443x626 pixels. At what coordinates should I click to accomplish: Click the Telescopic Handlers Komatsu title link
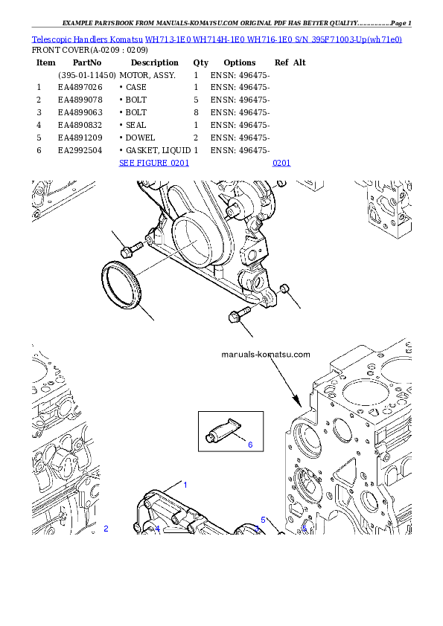click(x=217, y=38)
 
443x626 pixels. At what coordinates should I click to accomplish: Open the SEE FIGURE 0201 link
click(x=154, y=163)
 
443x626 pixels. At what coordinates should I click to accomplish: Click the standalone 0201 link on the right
click(x=281, y=163)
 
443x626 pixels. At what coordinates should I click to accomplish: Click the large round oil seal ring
click(x=120, y=285)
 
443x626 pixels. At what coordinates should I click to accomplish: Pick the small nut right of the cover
click(x=284, y=288)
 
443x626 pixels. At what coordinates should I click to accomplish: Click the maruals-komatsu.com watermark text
click(x=266, y=355)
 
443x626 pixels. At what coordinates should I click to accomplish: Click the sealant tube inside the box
click(x=223, y=429)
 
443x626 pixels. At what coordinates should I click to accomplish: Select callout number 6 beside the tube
click(x=250, y=445)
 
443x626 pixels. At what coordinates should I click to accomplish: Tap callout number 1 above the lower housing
click(x=185, y=484)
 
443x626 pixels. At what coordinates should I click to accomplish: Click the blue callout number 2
click(x=106, y=529)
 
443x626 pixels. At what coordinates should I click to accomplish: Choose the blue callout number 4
click(x=157, y=529)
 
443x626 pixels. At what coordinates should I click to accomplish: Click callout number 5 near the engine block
click(x=263, y=520)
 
